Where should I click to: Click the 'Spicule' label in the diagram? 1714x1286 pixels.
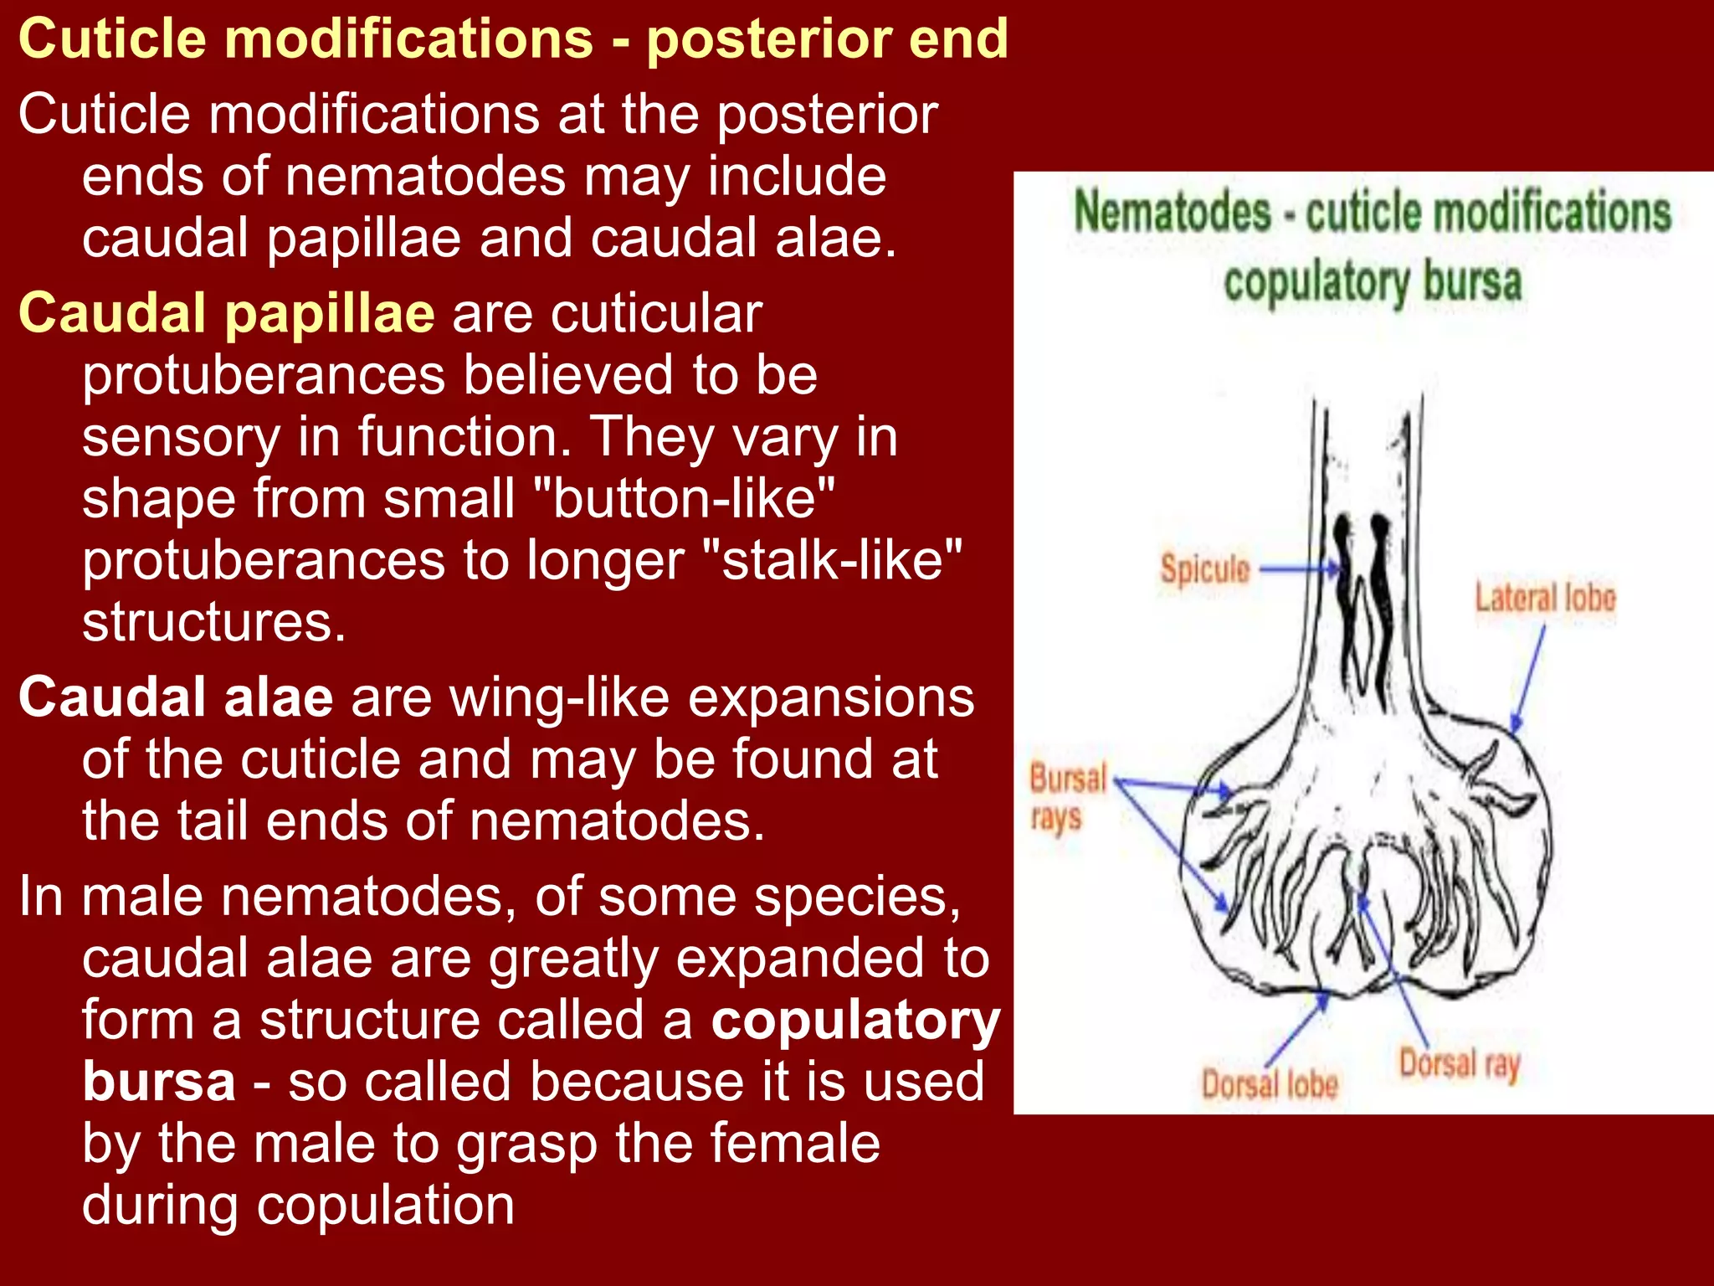click(x=1204, y=570)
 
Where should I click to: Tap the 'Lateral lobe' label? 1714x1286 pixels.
click(x=1544, y=599)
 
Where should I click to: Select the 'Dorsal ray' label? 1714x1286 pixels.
click(x=1459, y=1065)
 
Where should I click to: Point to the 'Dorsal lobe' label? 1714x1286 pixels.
click(x=1269, y=1084)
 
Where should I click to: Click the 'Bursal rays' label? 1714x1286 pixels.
click(x=1067, y=797)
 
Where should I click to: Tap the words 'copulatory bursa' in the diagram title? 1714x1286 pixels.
click(x=1373, y=282)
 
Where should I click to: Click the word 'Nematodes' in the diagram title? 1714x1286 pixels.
click(x=1172, y=211)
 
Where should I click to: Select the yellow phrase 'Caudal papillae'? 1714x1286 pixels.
click(x=226, y=313)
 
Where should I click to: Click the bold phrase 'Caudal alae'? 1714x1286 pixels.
click(x=176, y=697)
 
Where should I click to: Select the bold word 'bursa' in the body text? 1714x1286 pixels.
click(x=159, y=1081)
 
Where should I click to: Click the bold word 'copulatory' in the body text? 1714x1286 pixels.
click(x=855, y=1020)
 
